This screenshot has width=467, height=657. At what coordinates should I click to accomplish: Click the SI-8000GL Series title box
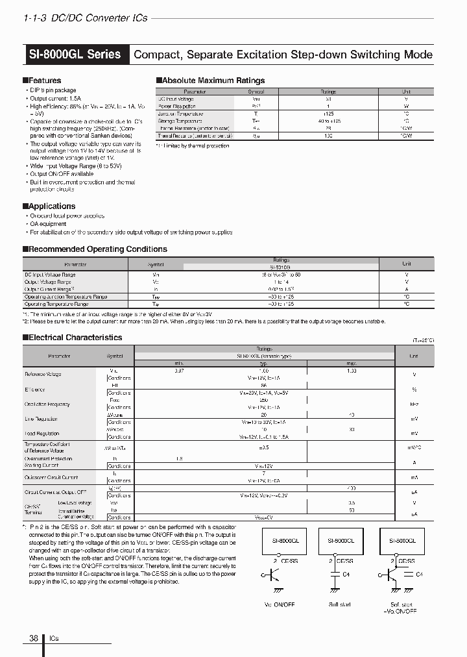[x=75, y=55]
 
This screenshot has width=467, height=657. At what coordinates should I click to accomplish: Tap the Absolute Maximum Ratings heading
[x=212, y=81]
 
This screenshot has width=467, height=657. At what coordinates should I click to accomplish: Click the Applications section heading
[x=51, y=206]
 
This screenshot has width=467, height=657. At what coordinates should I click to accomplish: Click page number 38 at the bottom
[x=33, y=639]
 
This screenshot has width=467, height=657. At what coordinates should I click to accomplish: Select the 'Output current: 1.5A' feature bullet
[x=56, y=98]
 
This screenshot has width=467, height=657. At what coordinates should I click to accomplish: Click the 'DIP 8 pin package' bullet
[x=53, y=90]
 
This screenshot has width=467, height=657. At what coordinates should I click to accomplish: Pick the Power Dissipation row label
[x=177, y=106]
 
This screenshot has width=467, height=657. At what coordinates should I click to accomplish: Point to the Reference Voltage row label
[x=43, y=375]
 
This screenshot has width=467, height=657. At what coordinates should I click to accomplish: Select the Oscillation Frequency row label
[x=47, y=404]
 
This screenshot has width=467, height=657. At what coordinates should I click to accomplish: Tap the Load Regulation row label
[x=42, y=434]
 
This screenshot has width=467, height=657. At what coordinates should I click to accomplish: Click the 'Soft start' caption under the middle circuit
[x=339, y=604]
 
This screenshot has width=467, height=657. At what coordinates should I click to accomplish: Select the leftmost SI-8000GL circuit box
[x=276, y=539]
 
